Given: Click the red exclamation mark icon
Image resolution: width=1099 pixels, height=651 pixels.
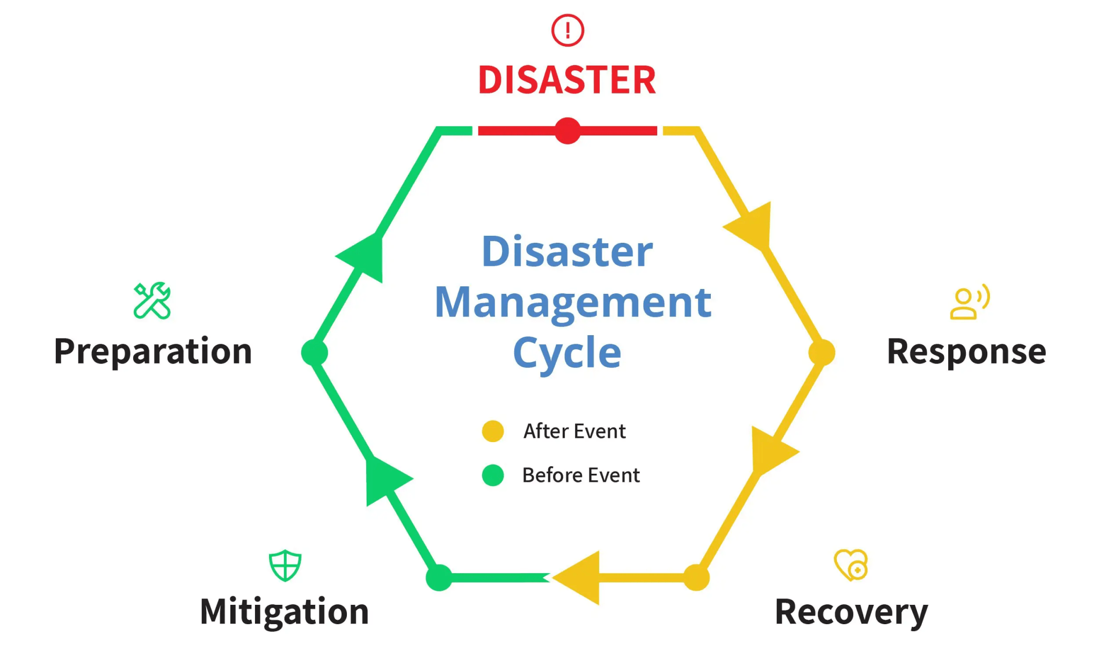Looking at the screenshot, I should pos(567,30).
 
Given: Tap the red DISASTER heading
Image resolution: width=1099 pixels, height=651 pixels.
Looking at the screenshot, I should pos(567,80).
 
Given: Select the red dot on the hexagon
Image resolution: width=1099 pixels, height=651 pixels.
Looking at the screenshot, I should pos(567,131).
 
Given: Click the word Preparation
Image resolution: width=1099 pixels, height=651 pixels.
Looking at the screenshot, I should pos(153,352).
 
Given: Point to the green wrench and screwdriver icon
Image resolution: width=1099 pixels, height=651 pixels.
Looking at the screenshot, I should pos(152,301).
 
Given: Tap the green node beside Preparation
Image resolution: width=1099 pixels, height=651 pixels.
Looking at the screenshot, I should pos(315,352).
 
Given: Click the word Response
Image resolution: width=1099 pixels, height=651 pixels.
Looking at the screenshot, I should pos(966,352).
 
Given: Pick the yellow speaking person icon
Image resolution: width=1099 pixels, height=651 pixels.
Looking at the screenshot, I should pos(969,302).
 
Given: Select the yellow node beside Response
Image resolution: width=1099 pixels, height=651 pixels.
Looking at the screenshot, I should pos(821,352).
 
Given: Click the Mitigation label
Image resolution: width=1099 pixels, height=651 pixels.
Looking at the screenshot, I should pos(285,611).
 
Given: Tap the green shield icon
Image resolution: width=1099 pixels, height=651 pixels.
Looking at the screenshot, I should pos(285,565).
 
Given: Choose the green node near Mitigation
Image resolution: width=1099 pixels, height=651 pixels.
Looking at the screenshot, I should pos(439,577).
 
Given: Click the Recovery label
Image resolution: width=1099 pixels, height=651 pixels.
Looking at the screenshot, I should pos(851,611).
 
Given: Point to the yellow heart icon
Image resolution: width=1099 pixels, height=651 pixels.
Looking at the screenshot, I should pos(851,565).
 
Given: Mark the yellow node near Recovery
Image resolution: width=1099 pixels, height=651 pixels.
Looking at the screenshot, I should pos(696,577).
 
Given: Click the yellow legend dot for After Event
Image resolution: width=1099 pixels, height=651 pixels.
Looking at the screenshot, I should pos(493,431).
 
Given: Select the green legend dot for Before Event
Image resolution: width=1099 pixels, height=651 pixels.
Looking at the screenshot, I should pos(493,475).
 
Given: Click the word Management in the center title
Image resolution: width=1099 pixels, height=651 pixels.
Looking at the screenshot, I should pos(573,302).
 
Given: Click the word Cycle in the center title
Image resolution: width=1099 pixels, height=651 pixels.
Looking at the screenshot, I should pos(567,353).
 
